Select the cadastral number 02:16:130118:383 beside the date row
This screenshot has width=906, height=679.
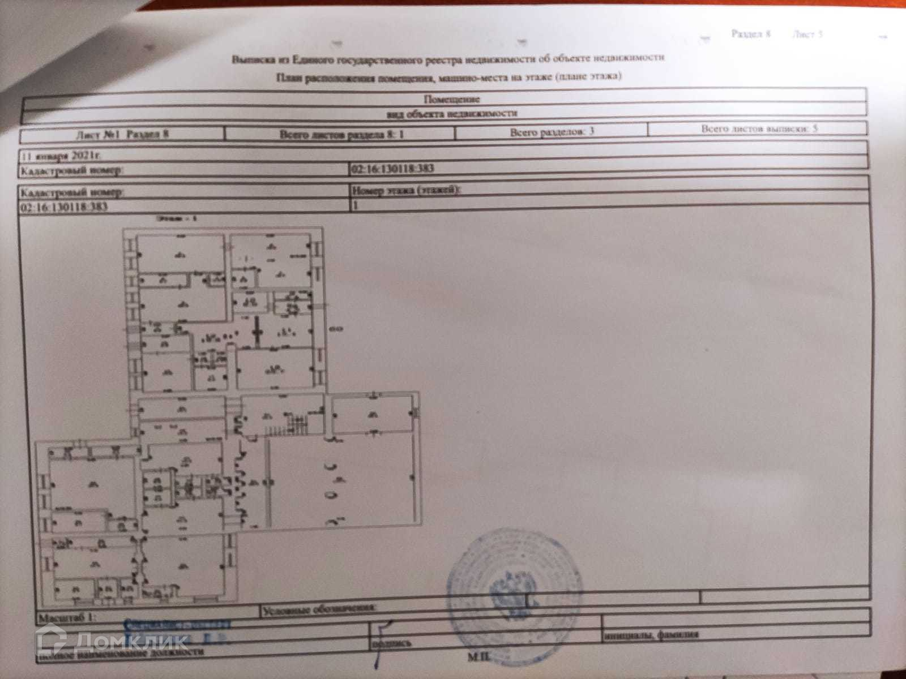(392, 169)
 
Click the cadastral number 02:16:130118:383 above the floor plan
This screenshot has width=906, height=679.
(63, 207)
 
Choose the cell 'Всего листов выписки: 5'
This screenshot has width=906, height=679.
(759, 128)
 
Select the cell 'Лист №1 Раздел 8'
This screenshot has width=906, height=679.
(122, 135)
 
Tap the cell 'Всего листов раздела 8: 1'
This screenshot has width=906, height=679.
(341, 135)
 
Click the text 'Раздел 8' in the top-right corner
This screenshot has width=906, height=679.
(751, 34)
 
